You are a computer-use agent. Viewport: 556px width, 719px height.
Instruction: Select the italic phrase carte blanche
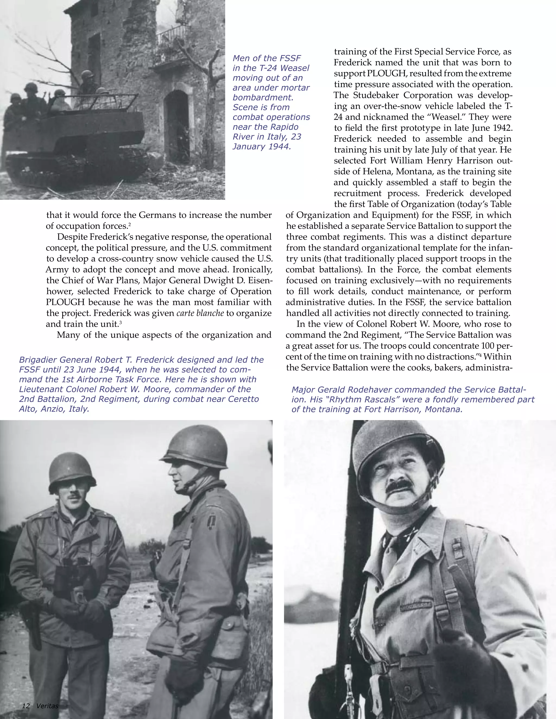coord(200,313)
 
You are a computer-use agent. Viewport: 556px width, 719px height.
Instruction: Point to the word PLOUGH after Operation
coord(65,302)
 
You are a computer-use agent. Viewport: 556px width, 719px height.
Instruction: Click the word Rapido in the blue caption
coord(282,127)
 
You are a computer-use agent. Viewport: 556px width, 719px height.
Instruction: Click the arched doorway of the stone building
coord(177,125)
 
